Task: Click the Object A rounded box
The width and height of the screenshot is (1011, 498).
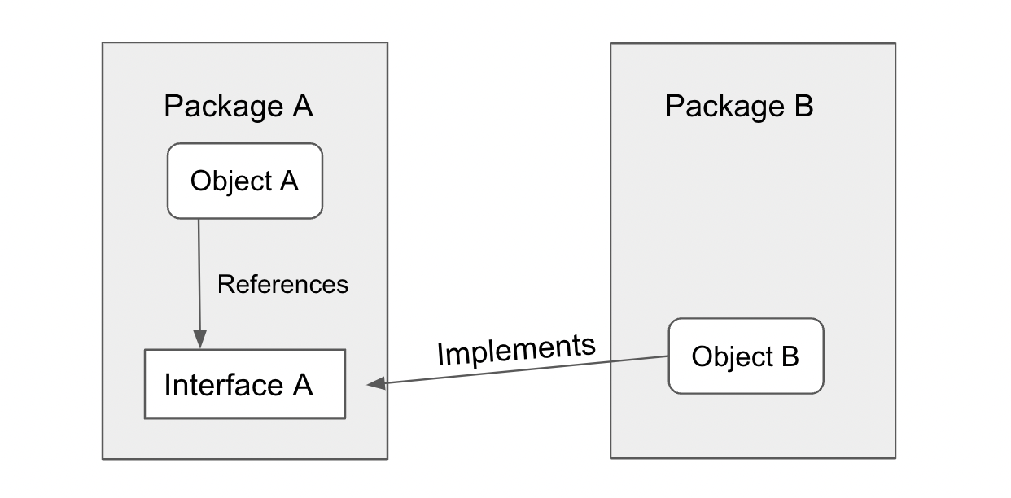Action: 244,181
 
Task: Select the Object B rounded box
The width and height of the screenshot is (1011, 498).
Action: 746,356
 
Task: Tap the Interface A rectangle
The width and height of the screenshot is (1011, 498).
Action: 244,384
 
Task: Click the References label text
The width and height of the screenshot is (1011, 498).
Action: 282,284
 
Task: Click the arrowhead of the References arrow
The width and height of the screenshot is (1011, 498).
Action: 199,339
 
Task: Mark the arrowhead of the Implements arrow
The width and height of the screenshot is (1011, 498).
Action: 376,384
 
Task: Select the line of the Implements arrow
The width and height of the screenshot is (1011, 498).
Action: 521,370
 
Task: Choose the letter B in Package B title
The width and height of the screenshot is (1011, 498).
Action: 803,107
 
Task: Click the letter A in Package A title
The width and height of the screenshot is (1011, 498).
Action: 302,107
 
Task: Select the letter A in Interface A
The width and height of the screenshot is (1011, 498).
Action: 302,385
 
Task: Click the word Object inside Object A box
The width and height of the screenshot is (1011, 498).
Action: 231,181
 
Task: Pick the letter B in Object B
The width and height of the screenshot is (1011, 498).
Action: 790,356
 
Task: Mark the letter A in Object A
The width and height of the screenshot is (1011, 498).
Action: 289,181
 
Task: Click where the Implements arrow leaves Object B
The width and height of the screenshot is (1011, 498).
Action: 668,356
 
